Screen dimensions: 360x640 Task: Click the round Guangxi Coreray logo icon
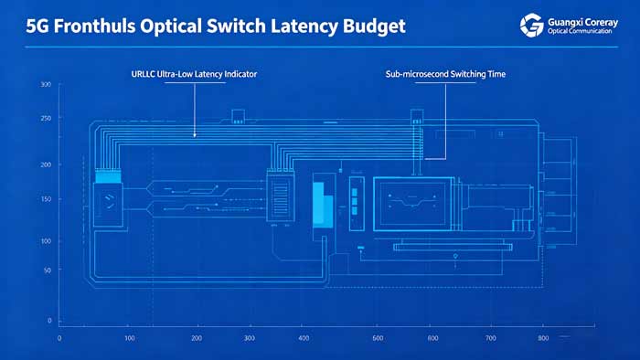click(x=530, y=26)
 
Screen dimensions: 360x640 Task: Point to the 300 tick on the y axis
click(x=46, y=85)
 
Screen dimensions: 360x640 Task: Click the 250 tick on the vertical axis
click(x=46, y=119)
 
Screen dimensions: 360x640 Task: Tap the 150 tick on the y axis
click(x=46, y=199)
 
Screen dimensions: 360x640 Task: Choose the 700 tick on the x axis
click(x=491, y=338)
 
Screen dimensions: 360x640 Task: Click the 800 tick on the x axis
click(x=542, y=338)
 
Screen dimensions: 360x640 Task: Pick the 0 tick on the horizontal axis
click(x=59, y=338)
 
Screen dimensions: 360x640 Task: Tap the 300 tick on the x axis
click(x=249, y=338)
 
